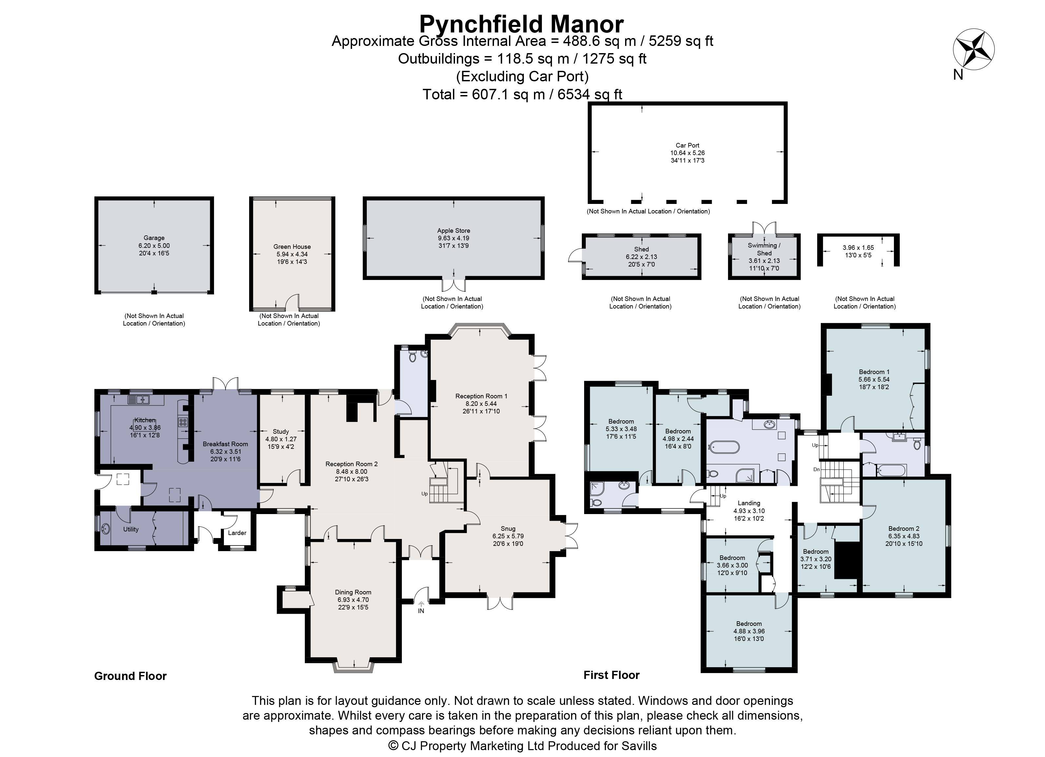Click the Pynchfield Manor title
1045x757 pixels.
coord(522,24)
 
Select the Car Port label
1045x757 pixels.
coord(687,145)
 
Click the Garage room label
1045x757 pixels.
coord(154,238)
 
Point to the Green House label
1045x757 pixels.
coord(292,247)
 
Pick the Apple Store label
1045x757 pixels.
coord(453,230)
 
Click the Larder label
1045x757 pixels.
coord(237,533)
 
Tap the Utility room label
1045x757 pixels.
coord(131,529)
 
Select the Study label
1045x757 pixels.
coord(281,432)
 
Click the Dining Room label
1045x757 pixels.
coord(353,592)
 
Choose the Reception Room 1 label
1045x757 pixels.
coord(481,396)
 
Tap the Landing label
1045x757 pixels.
coord(748,503)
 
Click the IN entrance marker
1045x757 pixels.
coord(421,611)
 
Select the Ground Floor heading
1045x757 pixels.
coord(130,676)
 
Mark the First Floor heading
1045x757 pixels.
coord(611,675)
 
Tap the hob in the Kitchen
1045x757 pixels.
coord(182,422)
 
